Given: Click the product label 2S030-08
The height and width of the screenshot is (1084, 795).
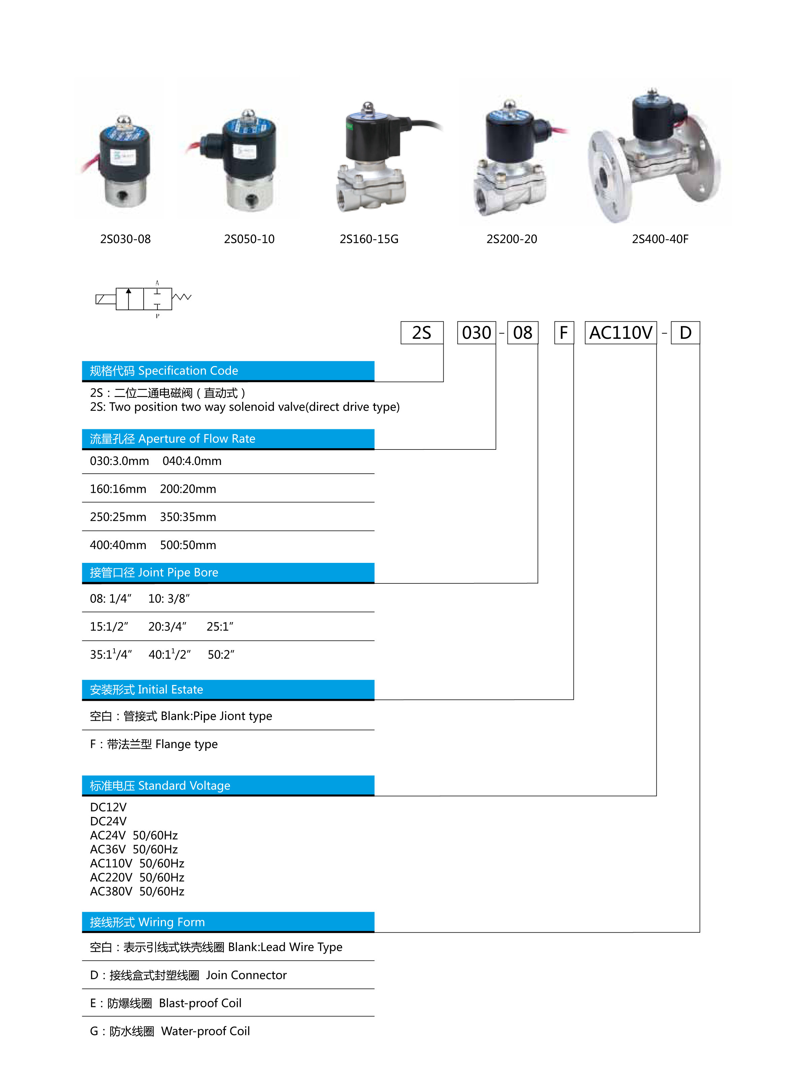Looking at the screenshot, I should tap(125, 239).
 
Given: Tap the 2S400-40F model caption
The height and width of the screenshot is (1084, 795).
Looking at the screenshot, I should tap(660, 239).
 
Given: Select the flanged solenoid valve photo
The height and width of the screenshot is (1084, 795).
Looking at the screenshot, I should tap(654, 156).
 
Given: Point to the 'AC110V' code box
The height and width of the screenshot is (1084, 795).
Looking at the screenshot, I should tap(620, 333).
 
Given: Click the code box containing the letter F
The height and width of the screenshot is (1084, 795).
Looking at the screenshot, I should tap(563, 333).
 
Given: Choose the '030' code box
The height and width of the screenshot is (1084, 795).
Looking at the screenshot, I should tap(476, 333).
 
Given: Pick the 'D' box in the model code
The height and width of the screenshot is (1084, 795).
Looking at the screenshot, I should tap(685, 333).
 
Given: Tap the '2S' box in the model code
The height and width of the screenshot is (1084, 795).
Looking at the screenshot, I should tap(421, 333).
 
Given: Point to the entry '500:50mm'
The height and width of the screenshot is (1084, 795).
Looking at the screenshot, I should tap(188, 545).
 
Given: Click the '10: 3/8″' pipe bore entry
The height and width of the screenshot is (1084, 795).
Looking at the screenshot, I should tap(169, 599).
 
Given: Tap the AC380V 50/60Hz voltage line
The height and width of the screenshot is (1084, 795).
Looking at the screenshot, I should tap(137, 892).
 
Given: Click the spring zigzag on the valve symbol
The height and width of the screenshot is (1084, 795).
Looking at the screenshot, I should tap(182, 297).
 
